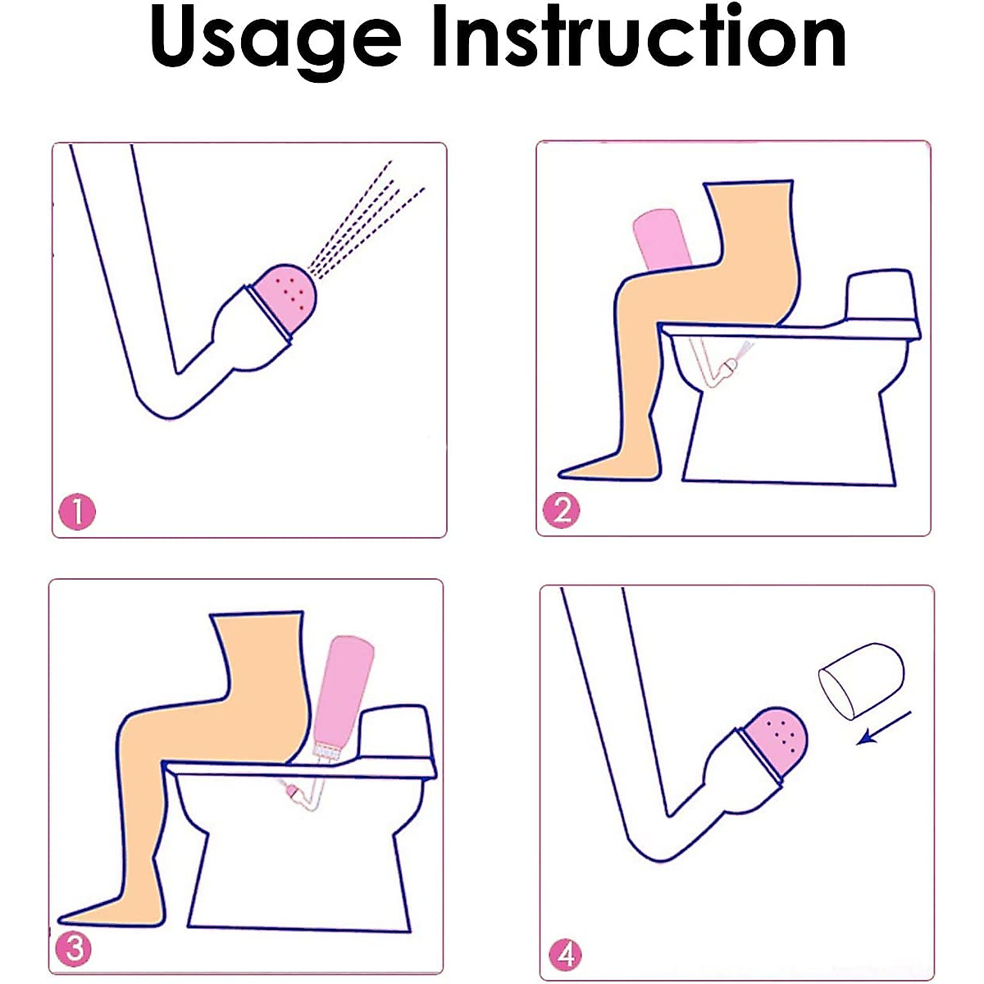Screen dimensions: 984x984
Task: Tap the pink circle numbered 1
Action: [77, 511]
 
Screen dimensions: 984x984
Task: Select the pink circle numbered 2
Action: [561, 509]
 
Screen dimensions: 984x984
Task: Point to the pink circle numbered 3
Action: [75, 950]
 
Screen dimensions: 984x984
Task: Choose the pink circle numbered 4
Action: [565, 954]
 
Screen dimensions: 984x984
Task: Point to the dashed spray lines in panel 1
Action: [366, 221]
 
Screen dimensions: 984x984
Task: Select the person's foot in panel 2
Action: [608, 466]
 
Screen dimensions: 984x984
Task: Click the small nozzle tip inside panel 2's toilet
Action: [731, 365]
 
